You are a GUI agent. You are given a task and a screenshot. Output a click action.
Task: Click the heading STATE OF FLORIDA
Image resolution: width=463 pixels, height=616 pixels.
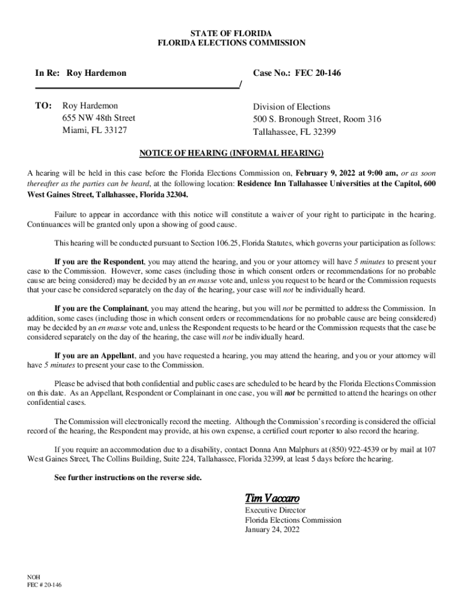[x=231, y=32]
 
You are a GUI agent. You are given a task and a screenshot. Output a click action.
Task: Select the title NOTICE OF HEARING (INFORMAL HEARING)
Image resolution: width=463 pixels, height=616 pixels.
[x=231, y=153]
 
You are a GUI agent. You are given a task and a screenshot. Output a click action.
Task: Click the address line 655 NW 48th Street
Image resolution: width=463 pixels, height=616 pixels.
[x=99, y=118]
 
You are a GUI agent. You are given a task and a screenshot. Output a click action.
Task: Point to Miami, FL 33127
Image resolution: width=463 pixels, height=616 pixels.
[x=95, y=130]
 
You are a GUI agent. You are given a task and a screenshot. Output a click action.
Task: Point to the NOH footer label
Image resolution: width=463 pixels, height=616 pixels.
[x=34, y=576]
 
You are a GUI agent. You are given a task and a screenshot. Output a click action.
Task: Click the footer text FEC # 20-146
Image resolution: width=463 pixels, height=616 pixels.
[x=44, y=584]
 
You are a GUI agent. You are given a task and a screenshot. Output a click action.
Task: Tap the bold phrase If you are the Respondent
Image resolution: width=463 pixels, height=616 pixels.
[x=99, y=262]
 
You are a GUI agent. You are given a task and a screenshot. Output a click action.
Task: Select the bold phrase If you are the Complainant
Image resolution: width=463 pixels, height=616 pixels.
[x=101, y=308]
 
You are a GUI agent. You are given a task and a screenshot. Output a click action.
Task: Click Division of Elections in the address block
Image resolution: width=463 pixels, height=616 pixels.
[x=292, y=106]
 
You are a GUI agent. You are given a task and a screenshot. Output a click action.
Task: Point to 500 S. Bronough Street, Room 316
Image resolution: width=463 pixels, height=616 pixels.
[x=317, y=119]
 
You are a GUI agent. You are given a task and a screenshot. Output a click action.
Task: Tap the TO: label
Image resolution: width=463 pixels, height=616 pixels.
[x=43, y=106]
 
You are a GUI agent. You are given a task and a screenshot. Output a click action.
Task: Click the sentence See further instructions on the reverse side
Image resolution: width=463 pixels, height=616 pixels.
[x=128, y=478]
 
